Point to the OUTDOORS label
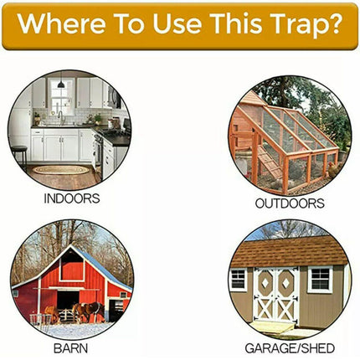click(x=289, y=203)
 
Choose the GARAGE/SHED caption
click(x=289, y=346)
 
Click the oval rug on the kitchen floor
click(x=58, y=170)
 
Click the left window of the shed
click(x=240, y=280)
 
